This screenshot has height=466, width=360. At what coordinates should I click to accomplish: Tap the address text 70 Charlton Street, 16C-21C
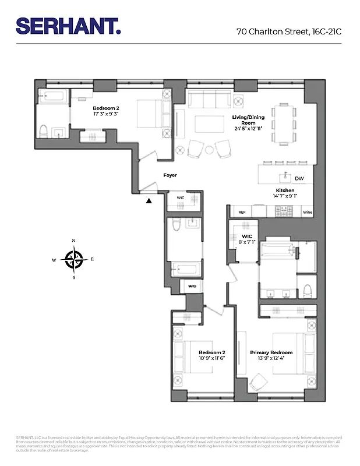tap(288, 32)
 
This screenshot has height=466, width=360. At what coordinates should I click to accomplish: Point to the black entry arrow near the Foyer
tap(149, 201)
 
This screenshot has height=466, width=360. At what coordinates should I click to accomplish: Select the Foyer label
tap(170, 175)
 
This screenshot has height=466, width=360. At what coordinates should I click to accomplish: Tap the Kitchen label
tap(285, 191)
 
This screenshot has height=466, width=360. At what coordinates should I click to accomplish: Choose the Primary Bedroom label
tap(271, 353)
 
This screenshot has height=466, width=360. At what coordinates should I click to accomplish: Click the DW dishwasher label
tap(299, 178)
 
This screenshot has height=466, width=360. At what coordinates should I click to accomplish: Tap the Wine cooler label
tap(308, 213)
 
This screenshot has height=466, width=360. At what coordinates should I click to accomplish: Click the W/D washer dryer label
tap(192, 286)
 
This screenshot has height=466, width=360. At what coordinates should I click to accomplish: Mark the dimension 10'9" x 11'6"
tap(211, 359)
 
